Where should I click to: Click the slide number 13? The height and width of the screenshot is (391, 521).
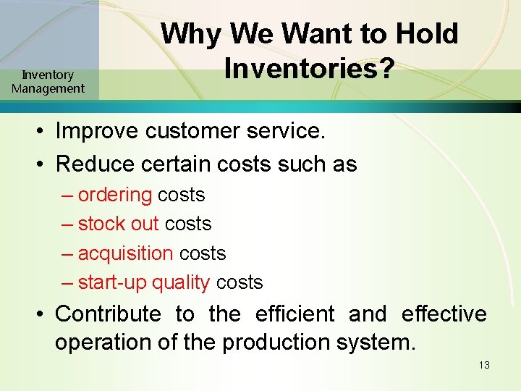[484, 365]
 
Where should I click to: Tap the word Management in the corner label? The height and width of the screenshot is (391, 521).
[48, 89]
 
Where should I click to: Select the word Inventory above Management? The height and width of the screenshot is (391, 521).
[48, 75]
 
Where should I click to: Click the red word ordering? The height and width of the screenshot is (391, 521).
[115, 195]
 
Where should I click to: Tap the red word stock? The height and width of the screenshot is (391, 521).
[97, 224]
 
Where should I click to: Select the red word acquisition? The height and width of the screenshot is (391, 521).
[125, 253]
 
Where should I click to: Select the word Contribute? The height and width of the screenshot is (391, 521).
[108, 314]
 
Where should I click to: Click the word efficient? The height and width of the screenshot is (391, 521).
[295, 314]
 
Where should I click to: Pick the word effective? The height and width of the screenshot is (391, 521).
[444, 314]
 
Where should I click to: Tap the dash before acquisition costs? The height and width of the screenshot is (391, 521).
[67, 254]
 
